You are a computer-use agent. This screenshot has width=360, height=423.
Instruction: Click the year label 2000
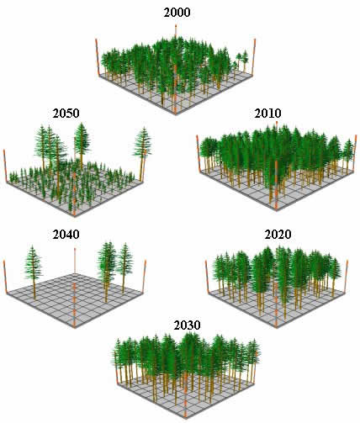tap(177, 13)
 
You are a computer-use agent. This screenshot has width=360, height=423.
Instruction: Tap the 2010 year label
tap(267, 114)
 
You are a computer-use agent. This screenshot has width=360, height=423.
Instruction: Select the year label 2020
tap(278, 235)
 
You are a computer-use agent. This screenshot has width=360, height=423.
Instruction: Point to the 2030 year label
tap(187, 325)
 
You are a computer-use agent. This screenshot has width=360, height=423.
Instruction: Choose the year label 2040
tap(66, 235)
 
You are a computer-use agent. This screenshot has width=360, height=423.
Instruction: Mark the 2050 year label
tap(66, 114)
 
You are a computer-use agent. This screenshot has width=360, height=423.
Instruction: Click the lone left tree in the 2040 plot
tap(34, 272)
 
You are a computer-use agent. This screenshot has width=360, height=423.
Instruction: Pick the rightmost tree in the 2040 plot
tap(124, 268)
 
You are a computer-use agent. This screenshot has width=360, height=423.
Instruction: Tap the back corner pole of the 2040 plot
tap(75, 260)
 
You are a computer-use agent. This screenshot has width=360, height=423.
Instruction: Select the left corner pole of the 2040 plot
tap(5, 277)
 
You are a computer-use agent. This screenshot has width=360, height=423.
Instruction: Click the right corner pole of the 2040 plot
tap(145, 277)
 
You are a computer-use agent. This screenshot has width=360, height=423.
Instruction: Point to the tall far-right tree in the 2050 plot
tap(143, 154)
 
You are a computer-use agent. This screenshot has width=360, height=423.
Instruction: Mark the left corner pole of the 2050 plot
tap(5, 166)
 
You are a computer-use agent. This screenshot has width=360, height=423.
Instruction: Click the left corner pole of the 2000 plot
tap(98, 56)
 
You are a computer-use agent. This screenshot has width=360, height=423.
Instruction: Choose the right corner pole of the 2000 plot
tap(254, 56)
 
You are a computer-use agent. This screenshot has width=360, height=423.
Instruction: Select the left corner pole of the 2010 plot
tap(199, 152)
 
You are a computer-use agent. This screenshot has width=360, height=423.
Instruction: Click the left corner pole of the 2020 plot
tap(208, 276)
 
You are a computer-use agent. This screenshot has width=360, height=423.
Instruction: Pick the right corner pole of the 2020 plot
tap(347, 276)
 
